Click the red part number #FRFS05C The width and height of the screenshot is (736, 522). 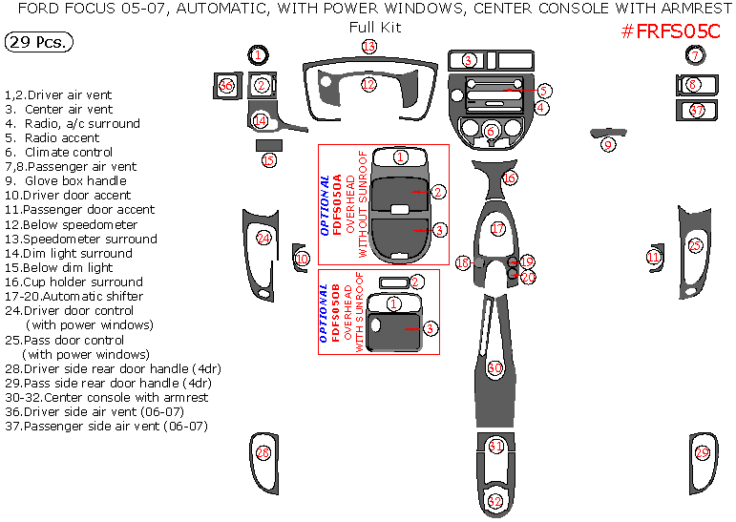(671, 31)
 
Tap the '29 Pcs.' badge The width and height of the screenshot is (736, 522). (37, 43)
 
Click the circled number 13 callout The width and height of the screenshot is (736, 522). (368, 47)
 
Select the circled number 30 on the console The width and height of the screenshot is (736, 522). (494, 367)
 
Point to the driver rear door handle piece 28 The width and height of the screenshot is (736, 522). (263, 453)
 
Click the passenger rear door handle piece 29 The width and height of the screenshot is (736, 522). (702, 453)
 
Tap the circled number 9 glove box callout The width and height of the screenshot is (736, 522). (608, 144)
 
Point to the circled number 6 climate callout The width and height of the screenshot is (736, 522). (491, 132)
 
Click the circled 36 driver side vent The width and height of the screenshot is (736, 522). (226, 86)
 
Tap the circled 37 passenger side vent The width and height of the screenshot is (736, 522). (697, 111)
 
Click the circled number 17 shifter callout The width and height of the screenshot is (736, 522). (497, 229)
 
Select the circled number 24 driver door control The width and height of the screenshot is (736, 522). (263, 238)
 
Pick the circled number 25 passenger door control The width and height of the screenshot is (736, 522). (695, 246)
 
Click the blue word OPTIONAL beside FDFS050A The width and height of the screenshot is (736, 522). (326, 205)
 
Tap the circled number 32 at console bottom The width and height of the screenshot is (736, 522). (494, 500)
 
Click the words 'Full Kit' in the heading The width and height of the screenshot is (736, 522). (375, 27)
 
